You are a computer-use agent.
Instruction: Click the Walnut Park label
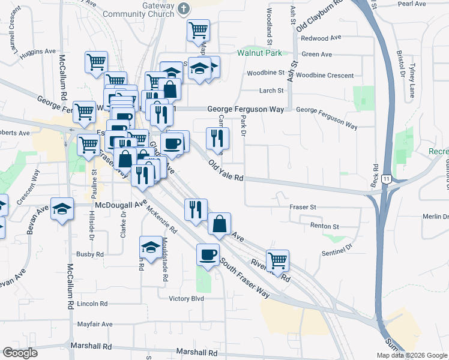coord(259,53)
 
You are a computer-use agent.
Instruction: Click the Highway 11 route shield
coord(388,179)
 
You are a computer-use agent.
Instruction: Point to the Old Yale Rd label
coord(226,170)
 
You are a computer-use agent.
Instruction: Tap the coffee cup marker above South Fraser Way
coord(208,254)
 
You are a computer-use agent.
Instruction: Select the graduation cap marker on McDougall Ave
coord(62,209)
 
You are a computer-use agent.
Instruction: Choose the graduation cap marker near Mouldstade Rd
coord(150,246)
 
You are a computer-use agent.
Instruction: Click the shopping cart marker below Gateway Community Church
coord(198,29)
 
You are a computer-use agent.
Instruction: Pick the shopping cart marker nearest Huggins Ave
coord(96,62)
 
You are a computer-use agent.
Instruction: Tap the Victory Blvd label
coord(187,298)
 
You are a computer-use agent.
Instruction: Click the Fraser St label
coord(303,206)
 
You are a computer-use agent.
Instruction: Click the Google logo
coord(20,353)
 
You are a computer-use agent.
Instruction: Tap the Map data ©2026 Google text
coord(411,355)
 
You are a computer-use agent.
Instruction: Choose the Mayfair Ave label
coord(95,324)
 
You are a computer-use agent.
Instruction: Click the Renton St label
coord(325,226)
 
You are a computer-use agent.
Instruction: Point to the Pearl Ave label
coord(411,4)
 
